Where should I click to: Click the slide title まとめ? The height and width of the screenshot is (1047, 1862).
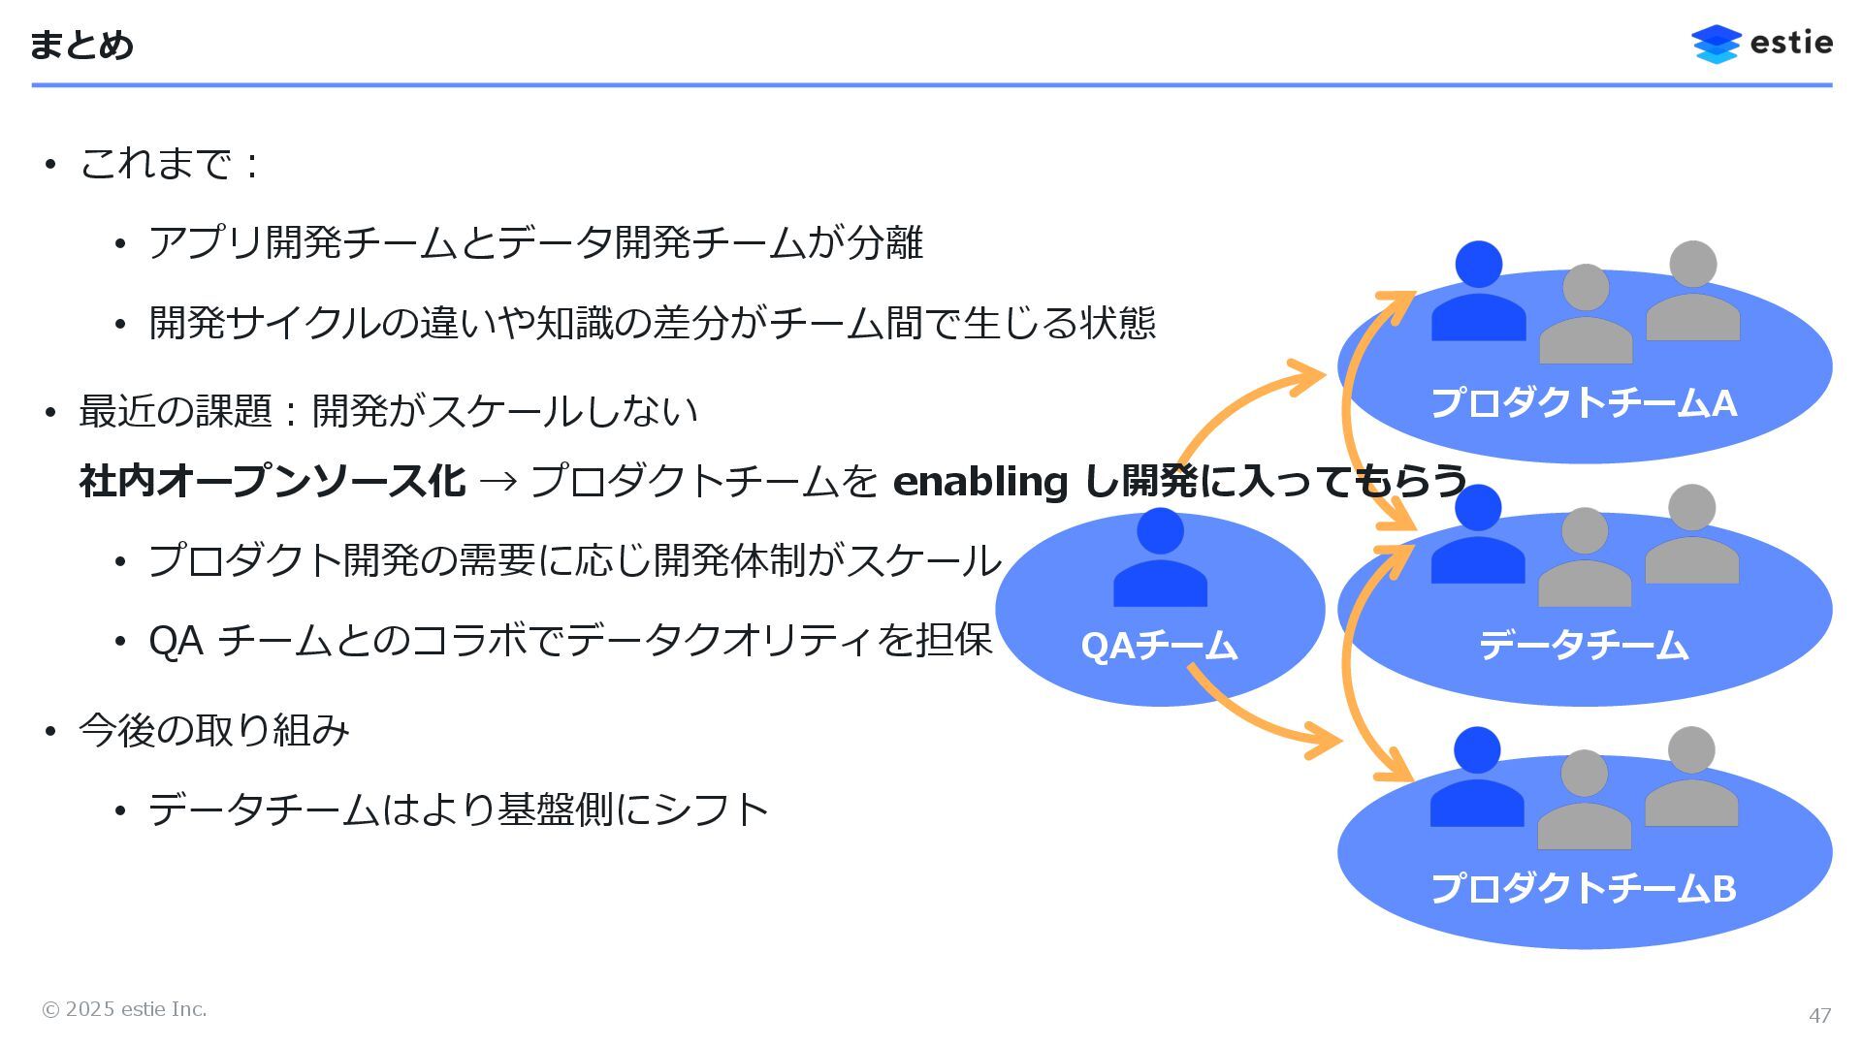point(81,45)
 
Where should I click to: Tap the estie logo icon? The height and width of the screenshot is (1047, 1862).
point(1716,44)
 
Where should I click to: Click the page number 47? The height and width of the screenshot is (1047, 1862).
point(1819,1015)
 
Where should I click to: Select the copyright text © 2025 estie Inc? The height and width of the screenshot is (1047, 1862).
point(124,1009)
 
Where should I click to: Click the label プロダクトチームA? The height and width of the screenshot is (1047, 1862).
point(1584,403)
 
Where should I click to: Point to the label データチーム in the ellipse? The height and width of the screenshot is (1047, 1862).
point(1584,646)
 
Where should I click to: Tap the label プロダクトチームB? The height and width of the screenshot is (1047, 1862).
point(1584,888)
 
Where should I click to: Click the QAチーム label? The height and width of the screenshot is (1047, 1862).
point(1159,646)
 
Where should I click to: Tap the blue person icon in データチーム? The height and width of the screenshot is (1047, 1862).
point(1477,535)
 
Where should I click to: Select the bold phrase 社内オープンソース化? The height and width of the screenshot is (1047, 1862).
point(272,482)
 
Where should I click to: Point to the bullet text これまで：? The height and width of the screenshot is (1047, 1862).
point(170,164)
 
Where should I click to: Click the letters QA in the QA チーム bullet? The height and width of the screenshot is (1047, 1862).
point(176,641)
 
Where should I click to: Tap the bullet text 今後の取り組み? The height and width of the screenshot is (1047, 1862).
point(213,730)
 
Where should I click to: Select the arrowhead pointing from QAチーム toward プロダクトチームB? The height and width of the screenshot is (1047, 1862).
point(1325,742)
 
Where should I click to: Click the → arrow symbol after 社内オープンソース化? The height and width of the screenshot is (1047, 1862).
point(498,482)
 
